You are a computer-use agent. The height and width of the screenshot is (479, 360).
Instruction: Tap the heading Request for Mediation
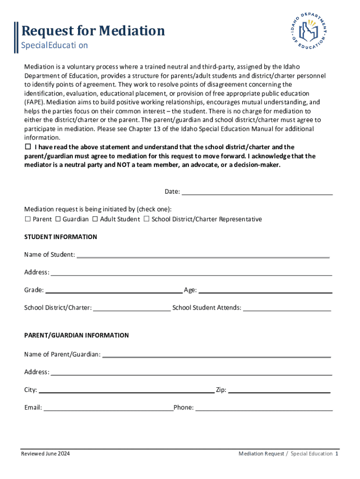click(x=94, y=31)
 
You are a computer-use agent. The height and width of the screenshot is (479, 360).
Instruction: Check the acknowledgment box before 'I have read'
click(x=27, y=147)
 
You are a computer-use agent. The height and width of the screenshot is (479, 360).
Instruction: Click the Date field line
click(x=257, y=192)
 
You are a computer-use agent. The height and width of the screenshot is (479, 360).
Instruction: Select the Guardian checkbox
click(x=58, y=219)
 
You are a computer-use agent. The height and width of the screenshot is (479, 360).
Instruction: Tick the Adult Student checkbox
click(x=95, y=219)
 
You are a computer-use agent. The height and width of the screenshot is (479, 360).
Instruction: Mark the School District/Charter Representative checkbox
click(x=146, y=219)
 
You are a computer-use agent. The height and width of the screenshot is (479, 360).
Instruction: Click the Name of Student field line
click(x=203, y=255)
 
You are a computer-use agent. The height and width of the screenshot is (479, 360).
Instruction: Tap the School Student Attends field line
click(x=287, y=308)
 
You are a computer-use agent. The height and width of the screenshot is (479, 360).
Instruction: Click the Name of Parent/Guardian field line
click(x=216, y=355)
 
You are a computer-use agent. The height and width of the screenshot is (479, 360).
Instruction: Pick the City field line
click(x=127, y=391)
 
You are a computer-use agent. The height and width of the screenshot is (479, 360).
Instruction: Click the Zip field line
click(x=279, y=391)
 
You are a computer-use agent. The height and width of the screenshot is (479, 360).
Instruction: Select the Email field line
click(x=108, y=408)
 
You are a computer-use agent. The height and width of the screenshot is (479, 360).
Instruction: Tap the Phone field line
click(x=264, y=408)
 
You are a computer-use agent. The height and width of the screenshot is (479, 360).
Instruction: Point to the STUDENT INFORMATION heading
click(x=61, y=237)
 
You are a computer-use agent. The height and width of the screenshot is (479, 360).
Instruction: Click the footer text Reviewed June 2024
click(x=46, y=454)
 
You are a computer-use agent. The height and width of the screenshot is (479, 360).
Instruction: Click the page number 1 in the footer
click(x=337, y=454)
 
